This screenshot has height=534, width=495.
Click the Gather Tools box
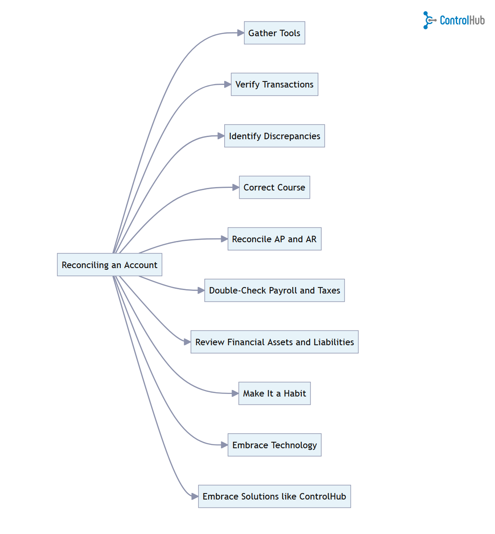point(274,33)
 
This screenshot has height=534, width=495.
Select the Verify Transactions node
point(274,84)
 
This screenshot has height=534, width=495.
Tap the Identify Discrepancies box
point(274,136)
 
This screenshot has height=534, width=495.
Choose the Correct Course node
point(274,187)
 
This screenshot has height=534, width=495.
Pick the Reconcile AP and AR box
point(274,239)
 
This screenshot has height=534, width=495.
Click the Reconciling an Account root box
point(110,265)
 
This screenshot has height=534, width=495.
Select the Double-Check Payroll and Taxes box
point(274,290)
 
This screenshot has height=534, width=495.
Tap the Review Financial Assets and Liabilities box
point(274,342)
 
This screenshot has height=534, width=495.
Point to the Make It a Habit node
point(274,393)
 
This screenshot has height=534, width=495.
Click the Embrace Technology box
point(274,445)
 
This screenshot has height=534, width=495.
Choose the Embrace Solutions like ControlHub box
point(274,497)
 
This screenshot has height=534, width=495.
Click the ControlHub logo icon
point(429,20)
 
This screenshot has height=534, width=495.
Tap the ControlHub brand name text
point(462,20)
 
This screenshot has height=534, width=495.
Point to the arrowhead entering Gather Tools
point(241,33)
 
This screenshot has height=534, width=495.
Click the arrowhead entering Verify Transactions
point(228,84)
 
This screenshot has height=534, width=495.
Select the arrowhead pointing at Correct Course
point(236,187)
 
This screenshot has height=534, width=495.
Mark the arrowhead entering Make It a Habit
point(235,393)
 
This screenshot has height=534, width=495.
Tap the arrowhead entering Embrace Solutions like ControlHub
point(195,497)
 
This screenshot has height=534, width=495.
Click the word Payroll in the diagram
point(283,291)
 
